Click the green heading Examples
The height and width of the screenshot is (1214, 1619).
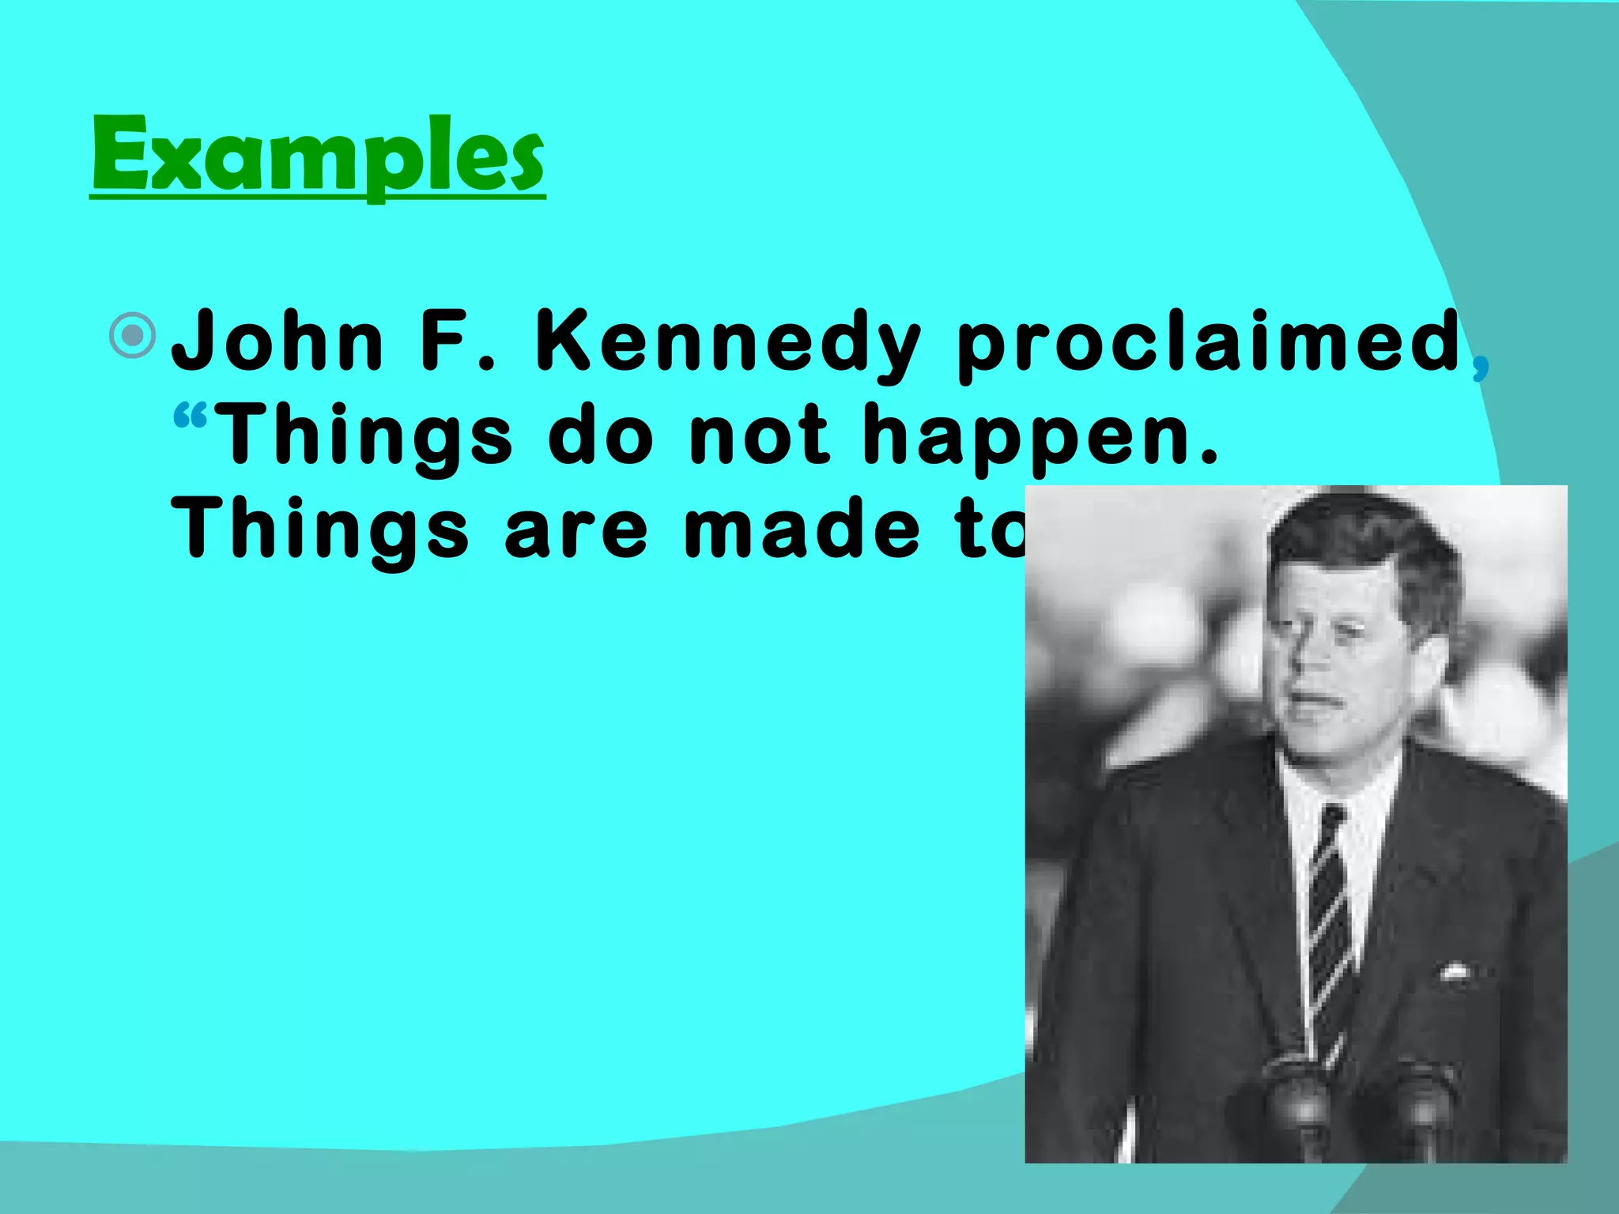[x=318, y=156]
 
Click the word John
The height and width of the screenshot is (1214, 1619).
[x=278, y=341]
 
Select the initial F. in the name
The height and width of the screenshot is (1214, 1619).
[x=457, y=341]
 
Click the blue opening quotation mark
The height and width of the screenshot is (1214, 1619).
[x=190, y=417]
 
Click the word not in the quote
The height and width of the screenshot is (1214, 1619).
[x=759, y=435]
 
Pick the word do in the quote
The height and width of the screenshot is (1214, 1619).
[x=601, y=435]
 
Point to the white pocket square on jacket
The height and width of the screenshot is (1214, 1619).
[x=1454, y=971]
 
